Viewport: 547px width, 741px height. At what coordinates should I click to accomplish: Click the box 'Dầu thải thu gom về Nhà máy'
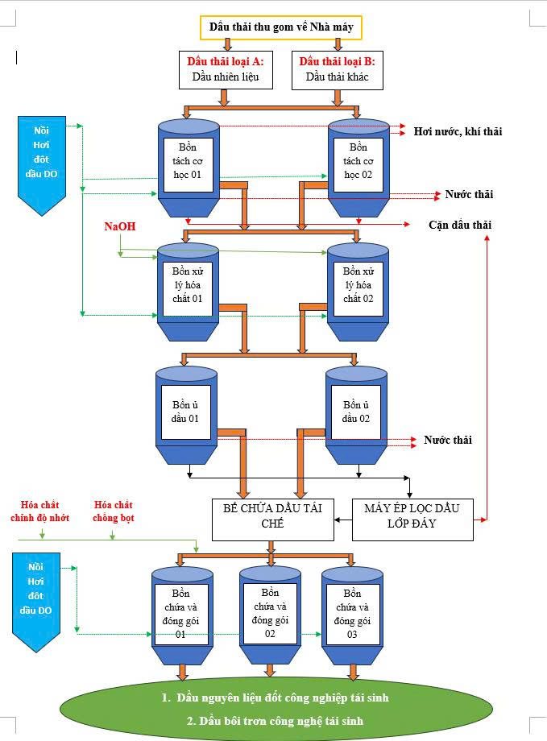pyautogui.click(x=280, y=27)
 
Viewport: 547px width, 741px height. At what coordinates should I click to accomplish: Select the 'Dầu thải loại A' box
pyautogui.click(x=226, y=70)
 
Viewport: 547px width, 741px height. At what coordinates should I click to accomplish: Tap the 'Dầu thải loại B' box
pyautogui.click(x=337, y=70)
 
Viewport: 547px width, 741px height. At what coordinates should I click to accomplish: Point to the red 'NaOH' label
pyautogui.click(x=119, y=227)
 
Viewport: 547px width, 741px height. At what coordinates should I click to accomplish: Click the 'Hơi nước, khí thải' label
pyautogui.click(x=458, y=131)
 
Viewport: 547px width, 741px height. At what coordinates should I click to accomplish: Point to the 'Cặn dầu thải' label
pyautogui.click(x=459, y=225)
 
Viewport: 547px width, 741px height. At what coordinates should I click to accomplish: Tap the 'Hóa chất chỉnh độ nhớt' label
pyautogui.click(x=41, y=511)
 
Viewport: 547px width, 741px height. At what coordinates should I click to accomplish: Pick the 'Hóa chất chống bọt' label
pyautogui.click(x=114, y=511)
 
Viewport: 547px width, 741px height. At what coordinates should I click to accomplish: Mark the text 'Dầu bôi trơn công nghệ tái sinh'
pyautogui.click(x=275, y=721)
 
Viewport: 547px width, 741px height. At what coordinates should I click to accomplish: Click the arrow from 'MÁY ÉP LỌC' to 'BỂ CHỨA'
pyautogui.click(x=342, y=519)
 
